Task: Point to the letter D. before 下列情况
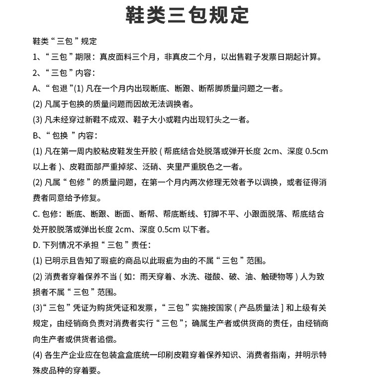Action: tap(36, 245)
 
